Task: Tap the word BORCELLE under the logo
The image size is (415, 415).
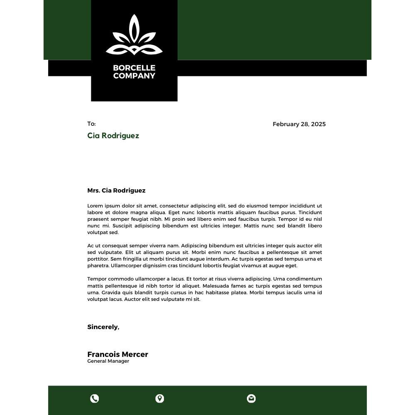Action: pyautogui.click(x=134, y=68)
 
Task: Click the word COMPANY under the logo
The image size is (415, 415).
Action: pyautogui.click(x=134, y=76)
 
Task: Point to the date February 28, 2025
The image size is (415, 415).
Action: pyautogui.click(x=299, y=124)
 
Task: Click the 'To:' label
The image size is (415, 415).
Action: pyautogui.click(x=91, y=124)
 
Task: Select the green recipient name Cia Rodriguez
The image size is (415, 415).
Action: pyautogui.click(x=113, y=136)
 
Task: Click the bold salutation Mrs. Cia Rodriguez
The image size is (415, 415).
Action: pyautogui.click(x=116, y=190)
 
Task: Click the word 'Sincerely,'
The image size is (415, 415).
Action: pyautogui.click(x=103, y=327)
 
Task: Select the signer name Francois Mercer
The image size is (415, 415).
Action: pyautogui.click(x=117, y=354)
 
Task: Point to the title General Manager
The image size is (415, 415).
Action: pyautogui.click(x=108, y=361)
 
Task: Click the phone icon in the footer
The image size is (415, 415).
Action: pyautogui.click(x=95, y=399)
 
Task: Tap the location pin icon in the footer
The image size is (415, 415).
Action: pyautogui.click(x=160, y=399)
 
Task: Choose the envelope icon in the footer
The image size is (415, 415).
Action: pyautogui.click(x=251, y=399)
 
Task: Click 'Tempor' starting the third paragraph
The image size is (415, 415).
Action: pyautogui.click(x=96, y=279)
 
